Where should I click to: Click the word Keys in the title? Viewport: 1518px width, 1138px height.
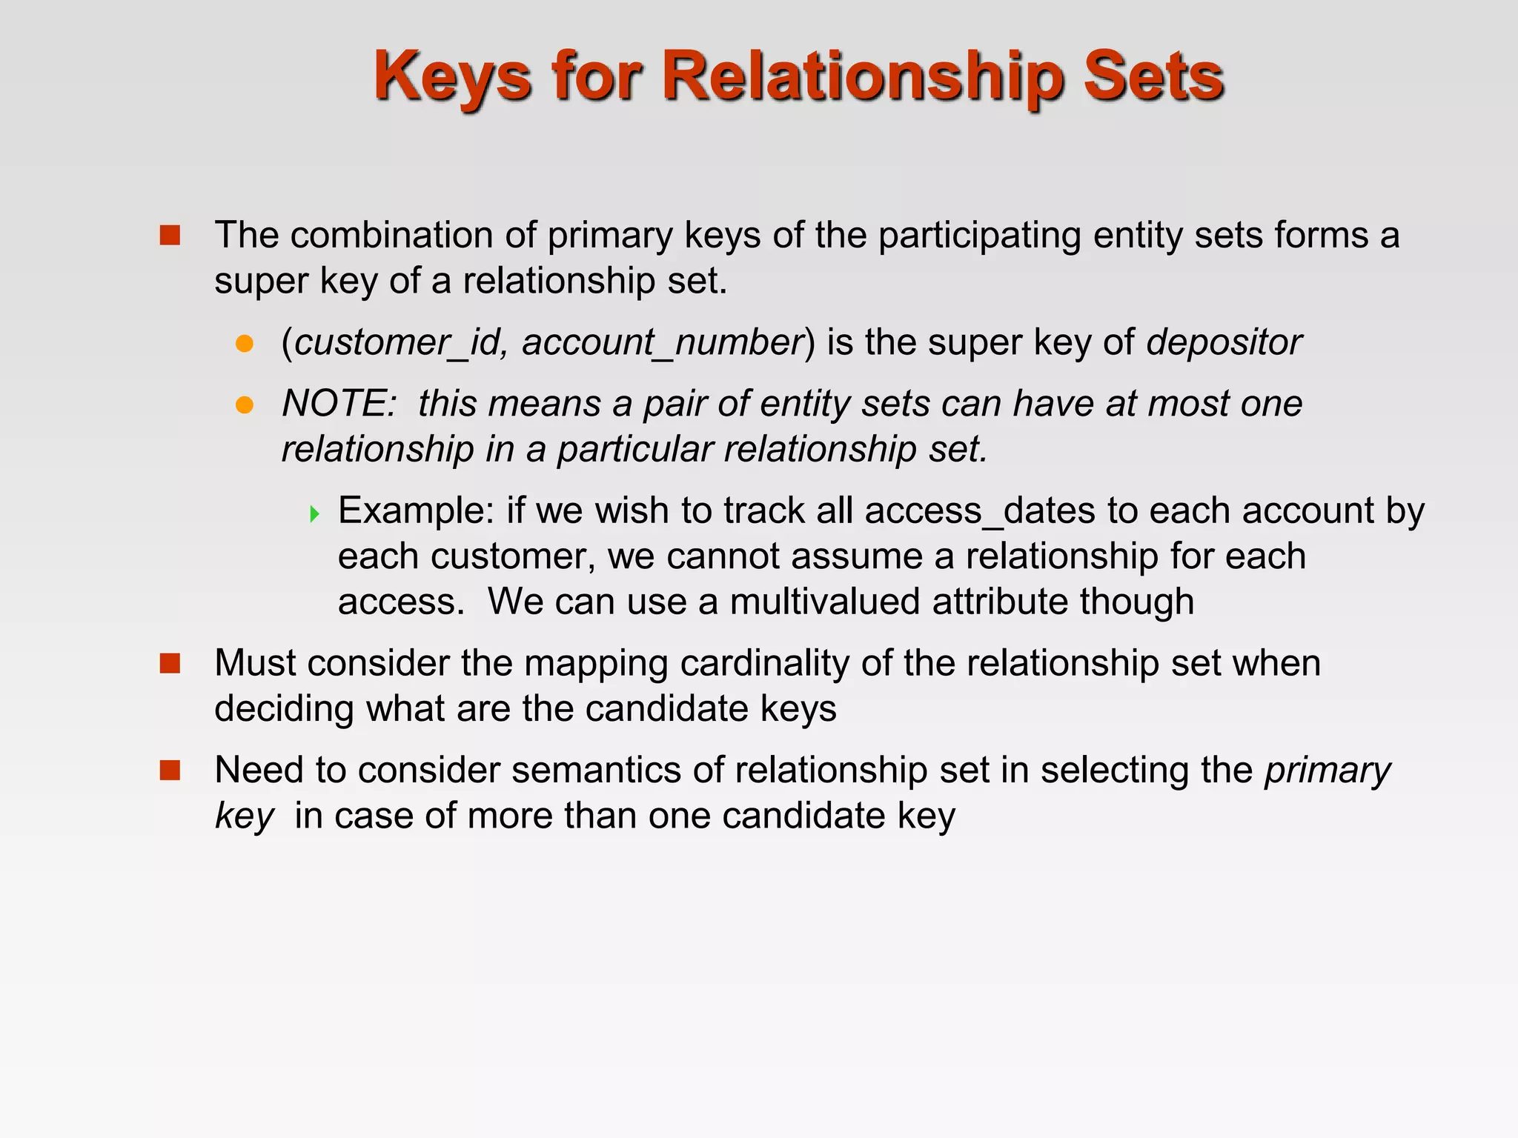coord(452,77)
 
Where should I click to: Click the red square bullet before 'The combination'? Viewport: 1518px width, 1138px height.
coord(170,236)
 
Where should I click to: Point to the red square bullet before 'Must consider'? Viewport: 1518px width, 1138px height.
coord(170,663)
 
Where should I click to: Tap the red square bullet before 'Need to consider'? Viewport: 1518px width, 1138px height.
coord(170,771)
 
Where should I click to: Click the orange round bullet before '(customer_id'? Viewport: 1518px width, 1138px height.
coord(245,344)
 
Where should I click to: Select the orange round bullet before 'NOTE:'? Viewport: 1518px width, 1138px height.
coord(245,405)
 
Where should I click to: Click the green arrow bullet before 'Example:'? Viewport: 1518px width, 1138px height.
coord(314,513)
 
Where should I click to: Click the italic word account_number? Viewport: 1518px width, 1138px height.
coord(663,342)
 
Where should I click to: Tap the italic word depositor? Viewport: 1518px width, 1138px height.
coord(1224,342)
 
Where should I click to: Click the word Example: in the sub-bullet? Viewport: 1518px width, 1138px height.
coord(416,510)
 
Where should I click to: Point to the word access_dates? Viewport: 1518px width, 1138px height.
coord(980,510)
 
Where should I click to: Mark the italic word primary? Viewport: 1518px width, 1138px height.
coord(1328,771)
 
